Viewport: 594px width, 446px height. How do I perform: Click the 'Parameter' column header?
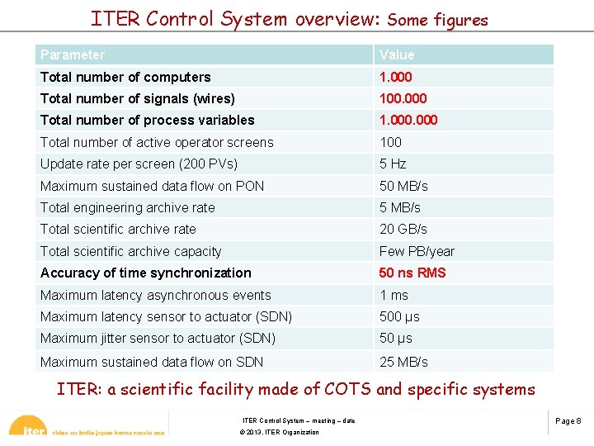(73, 55)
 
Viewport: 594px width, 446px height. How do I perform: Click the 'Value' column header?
(397, 55)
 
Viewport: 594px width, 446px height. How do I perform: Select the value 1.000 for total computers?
(395, 77)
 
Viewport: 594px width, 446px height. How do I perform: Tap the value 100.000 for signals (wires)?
(403, 98)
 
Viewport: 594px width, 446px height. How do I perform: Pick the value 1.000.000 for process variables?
(408, 120)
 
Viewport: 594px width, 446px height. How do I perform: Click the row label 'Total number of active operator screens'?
(157, 142)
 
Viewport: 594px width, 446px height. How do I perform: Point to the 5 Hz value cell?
(393, 164)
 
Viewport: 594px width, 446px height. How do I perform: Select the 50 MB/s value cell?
(403, 186)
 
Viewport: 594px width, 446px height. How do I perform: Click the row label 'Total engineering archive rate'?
(127, 207)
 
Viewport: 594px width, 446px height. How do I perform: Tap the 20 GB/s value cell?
(403, 229)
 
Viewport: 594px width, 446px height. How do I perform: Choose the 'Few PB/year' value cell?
(417, 251)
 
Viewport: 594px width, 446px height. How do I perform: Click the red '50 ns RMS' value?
(412, 273)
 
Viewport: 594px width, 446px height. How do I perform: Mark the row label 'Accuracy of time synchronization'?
(145, 273)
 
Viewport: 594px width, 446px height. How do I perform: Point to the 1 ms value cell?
(394, 295)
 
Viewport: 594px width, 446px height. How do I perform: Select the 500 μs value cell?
(399, 316)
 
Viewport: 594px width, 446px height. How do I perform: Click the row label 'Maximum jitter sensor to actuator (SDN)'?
(158, 338)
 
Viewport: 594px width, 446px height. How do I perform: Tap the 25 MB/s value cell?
(403, 362)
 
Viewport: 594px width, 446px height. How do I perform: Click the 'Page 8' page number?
(568, 421)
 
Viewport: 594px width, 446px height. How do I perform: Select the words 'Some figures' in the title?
(437, 20)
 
